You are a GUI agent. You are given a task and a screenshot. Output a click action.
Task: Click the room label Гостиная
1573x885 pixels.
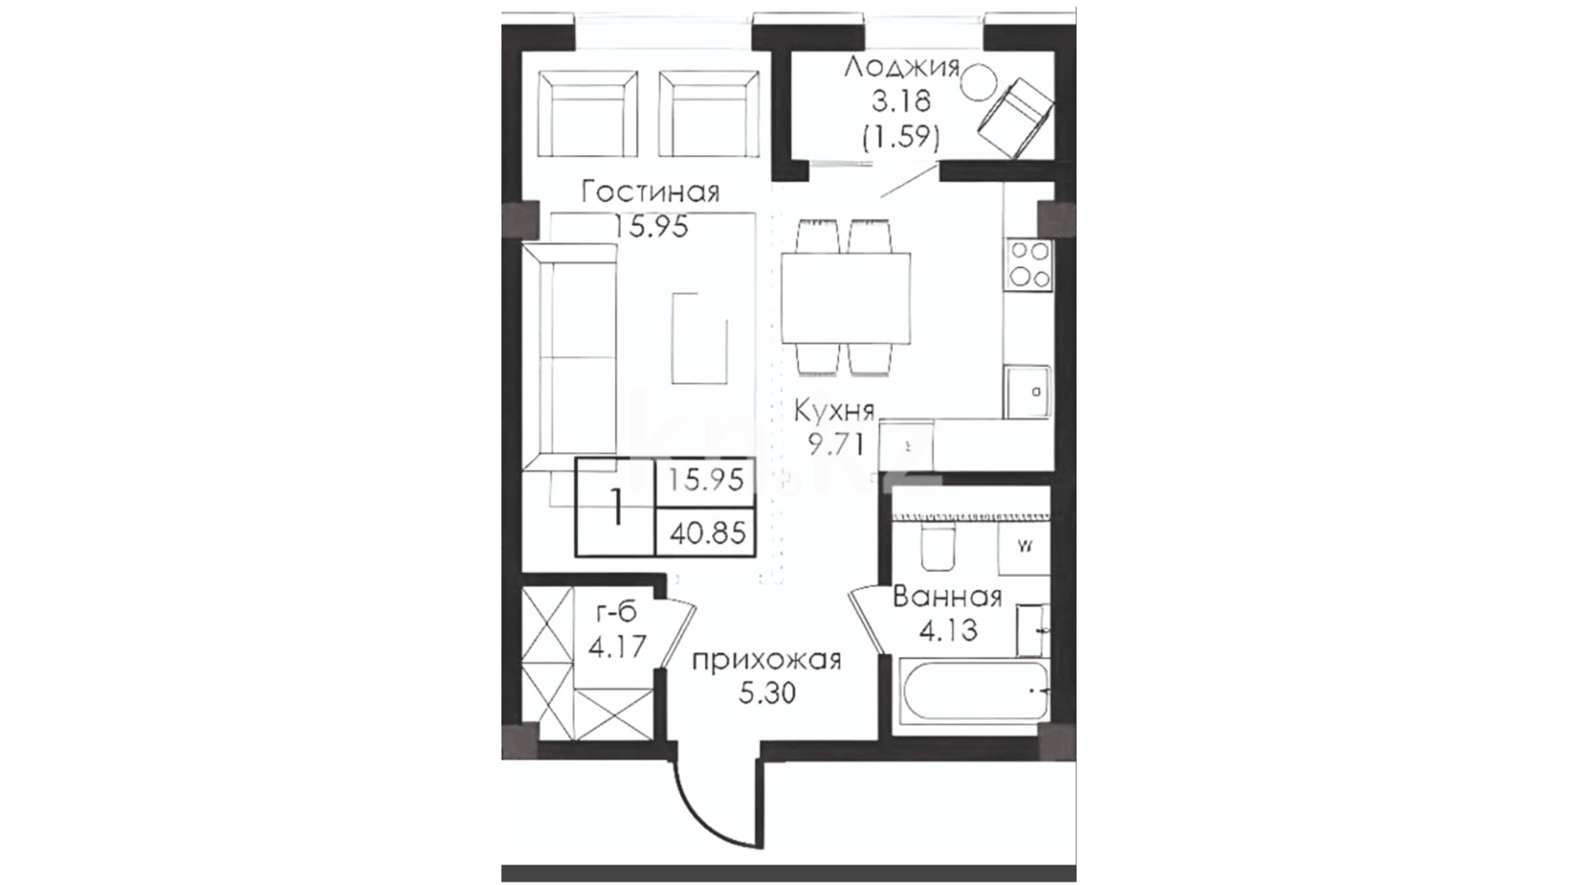click(x=651, y=193)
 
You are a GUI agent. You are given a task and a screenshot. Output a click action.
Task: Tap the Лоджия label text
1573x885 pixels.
click(x=901, y=67)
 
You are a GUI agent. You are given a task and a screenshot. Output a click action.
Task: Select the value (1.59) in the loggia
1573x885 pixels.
click(x=900, y=137)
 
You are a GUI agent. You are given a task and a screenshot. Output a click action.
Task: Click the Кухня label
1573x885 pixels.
click(x=834, y=410)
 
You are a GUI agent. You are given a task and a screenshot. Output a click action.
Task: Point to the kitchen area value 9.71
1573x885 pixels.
click(x=836, y=445)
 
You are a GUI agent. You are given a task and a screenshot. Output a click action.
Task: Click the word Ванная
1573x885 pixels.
click(x=947, y=596)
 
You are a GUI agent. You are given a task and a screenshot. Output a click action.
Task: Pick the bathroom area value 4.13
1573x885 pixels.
click(x=947, y=631)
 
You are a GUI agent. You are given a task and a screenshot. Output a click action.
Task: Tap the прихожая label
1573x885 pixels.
click(x=766, y=660)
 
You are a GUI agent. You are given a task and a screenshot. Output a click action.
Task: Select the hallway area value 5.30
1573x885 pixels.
click(x=767, y=694)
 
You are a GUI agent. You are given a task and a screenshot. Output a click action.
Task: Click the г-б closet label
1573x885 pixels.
click(x=616, y=611)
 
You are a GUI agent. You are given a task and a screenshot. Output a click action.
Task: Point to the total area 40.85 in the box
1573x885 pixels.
click(x=708, y=534)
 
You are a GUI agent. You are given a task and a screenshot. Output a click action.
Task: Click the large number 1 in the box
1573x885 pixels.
click(x=617, y=509)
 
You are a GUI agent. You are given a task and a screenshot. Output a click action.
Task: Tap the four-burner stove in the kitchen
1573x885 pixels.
click(x=1029, y=263)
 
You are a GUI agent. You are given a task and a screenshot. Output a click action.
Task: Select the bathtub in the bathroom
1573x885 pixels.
click(x=974, y=690)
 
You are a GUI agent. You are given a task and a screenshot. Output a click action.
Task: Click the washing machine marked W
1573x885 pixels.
click(x=1024, y=547)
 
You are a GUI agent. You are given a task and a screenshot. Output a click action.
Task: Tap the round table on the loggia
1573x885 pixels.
click(x=978, y=83)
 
